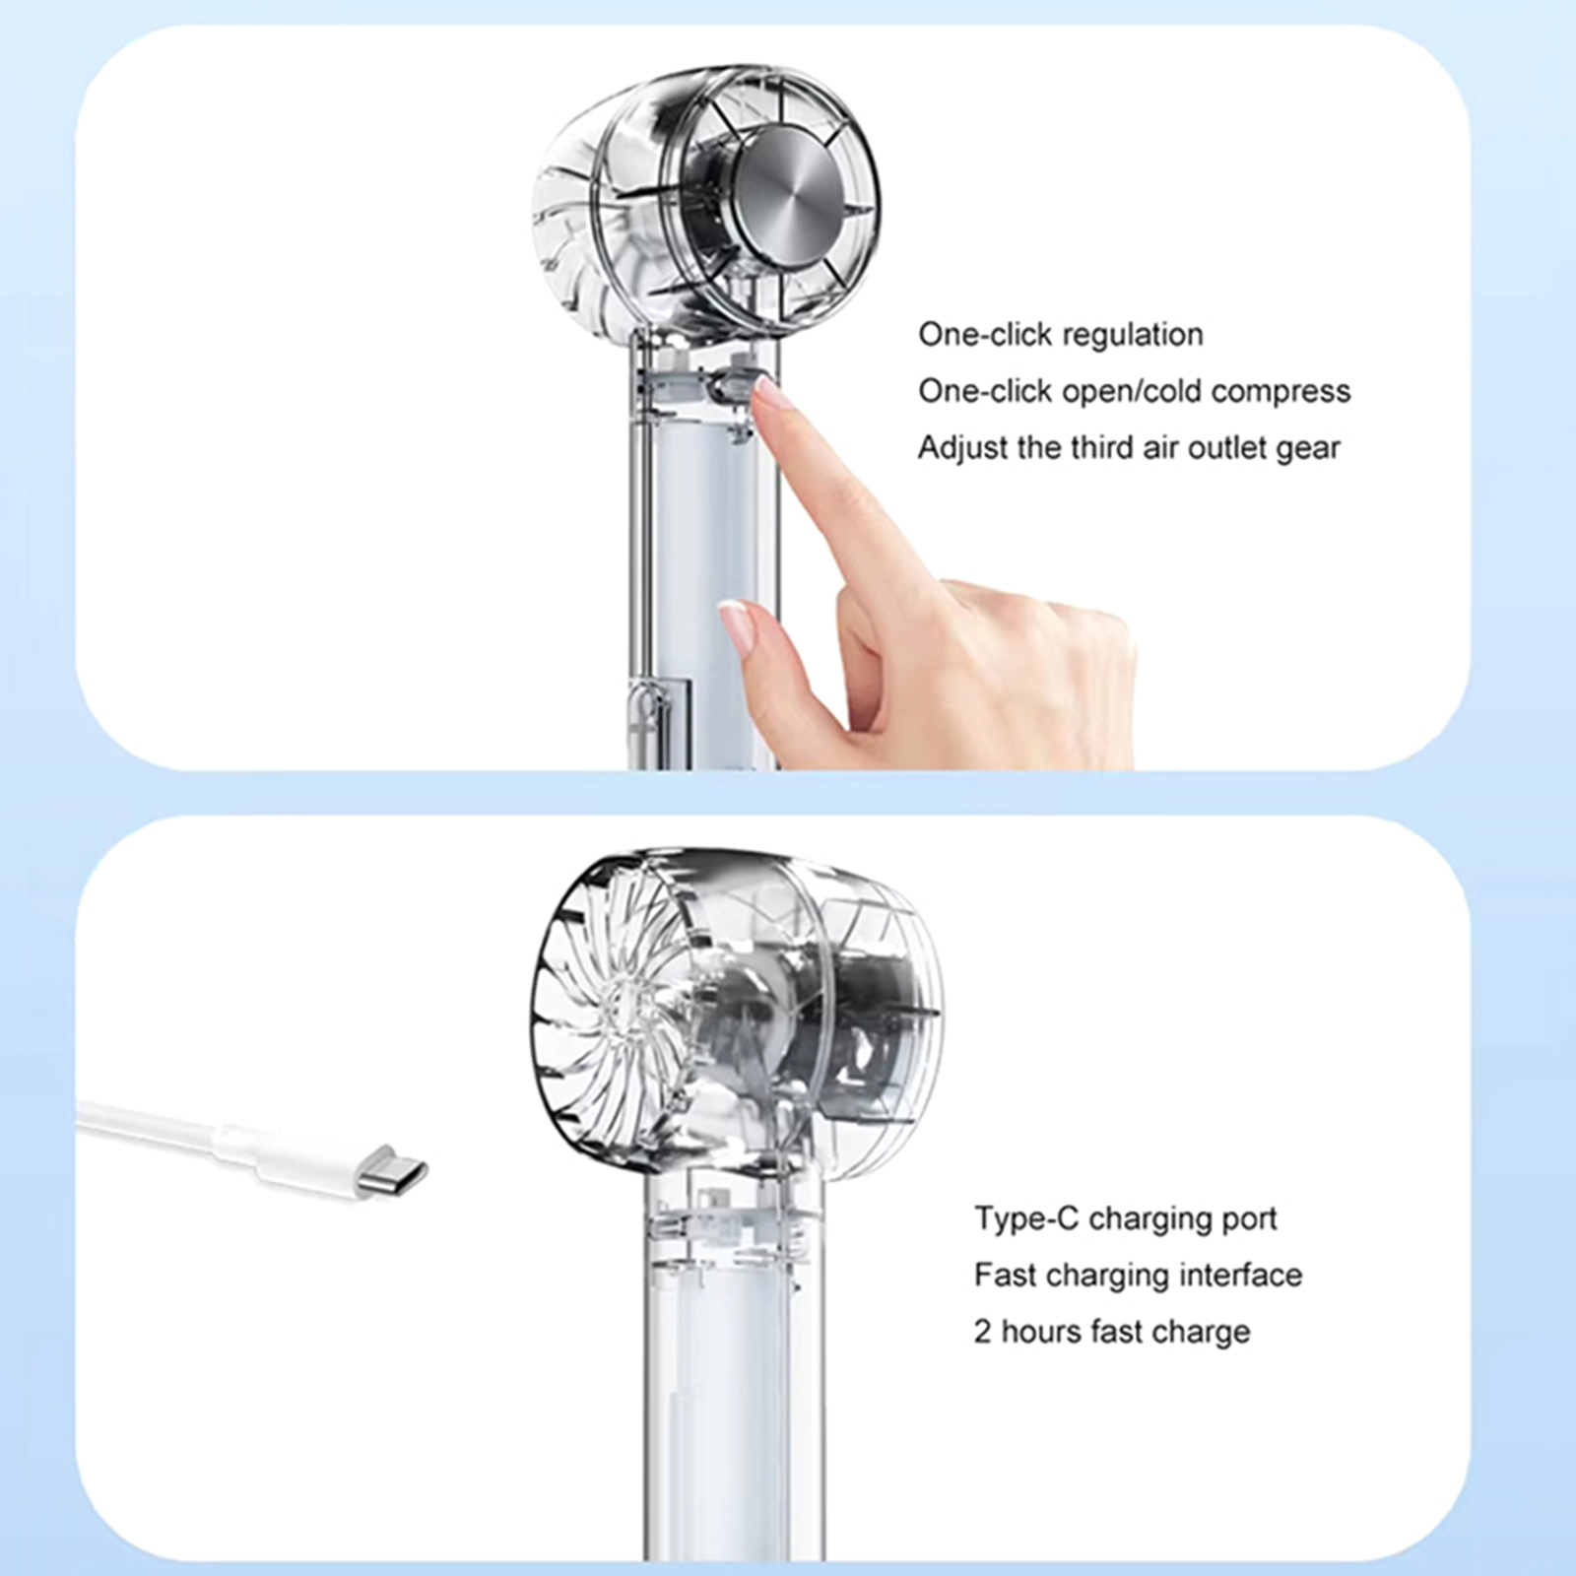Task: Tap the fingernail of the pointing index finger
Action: pos(767,395)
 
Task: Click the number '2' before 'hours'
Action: pos(983,1332)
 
